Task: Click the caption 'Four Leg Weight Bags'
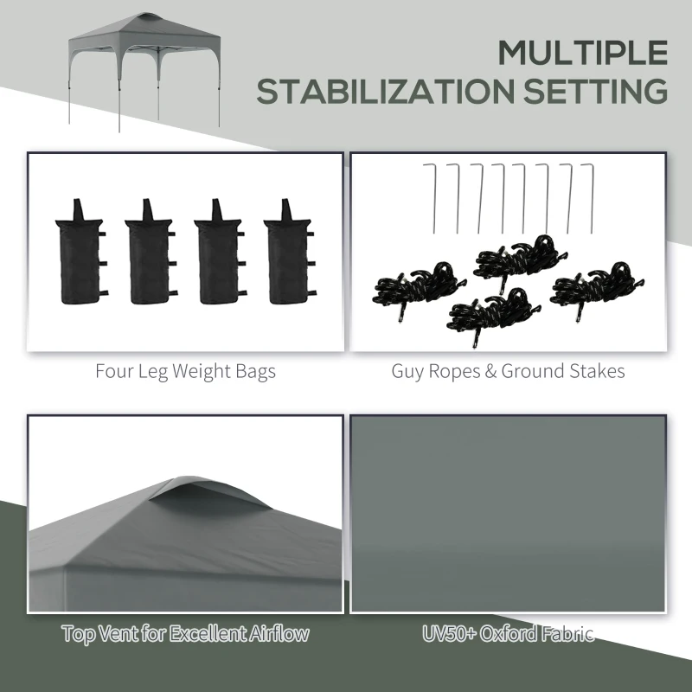click(185, 372)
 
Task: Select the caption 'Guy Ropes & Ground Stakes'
click(508, 372)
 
